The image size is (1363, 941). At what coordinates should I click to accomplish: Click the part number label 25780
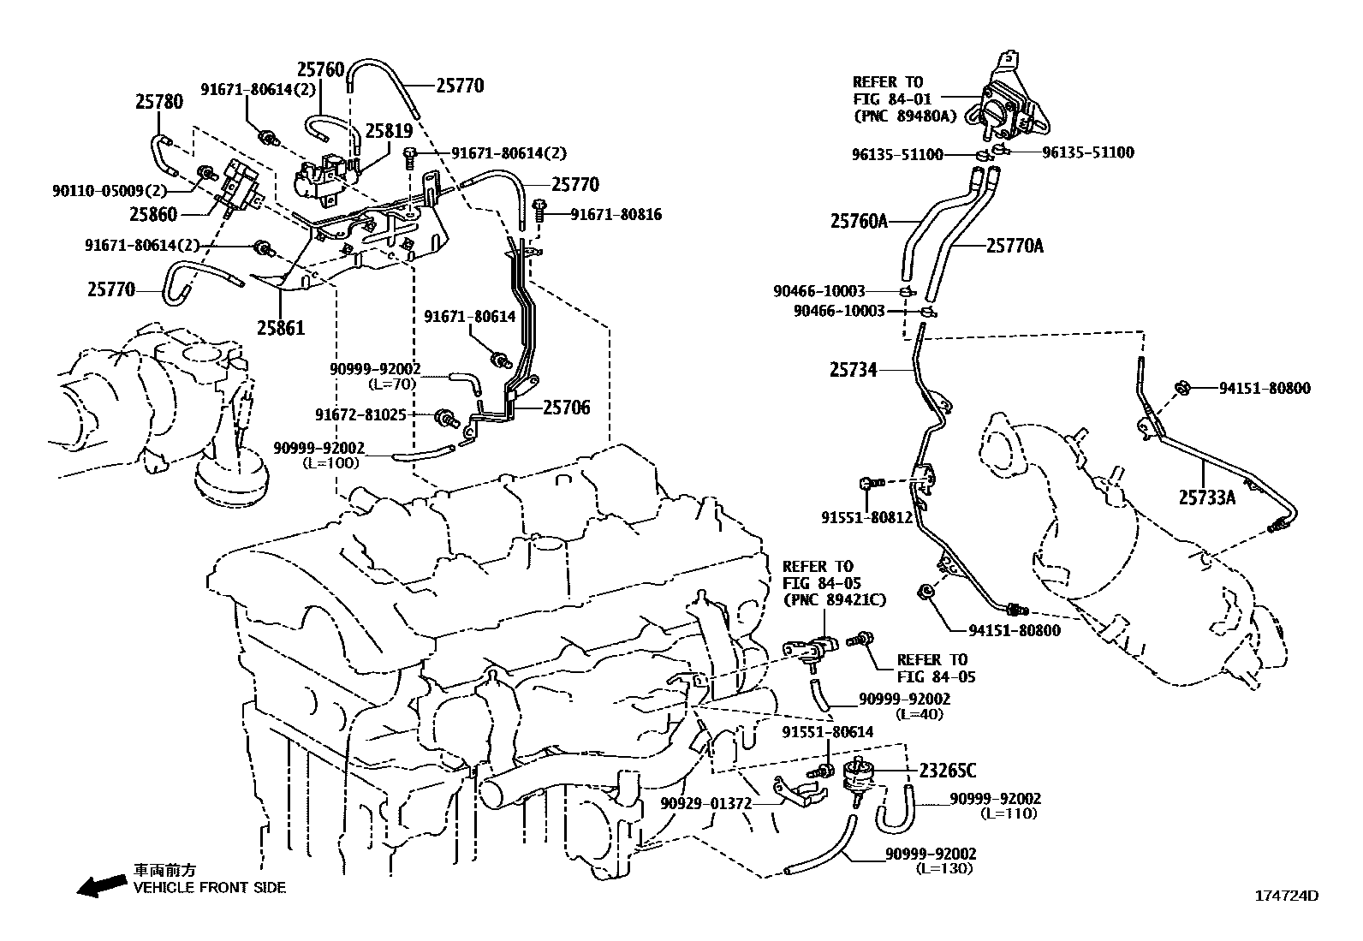point(158,102)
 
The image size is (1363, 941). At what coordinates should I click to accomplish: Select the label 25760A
point(858,222)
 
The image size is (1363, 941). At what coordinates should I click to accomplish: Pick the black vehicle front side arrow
point(99,887)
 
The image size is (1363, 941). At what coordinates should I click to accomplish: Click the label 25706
point(566,408)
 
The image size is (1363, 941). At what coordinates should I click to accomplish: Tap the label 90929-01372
point(705,803)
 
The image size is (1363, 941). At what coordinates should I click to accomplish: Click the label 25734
point(853,370)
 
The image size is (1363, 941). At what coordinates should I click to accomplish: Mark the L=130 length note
point(943,867)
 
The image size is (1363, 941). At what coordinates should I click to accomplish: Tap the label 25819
point(389,131)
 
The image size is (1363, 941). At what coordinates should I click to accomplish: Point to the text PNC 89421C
point(834,600)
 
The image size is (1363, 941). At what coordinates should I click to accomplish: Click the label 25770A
point(1015,246)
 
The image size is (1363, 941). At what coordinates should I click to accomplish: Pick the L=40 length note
point(920,713)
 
